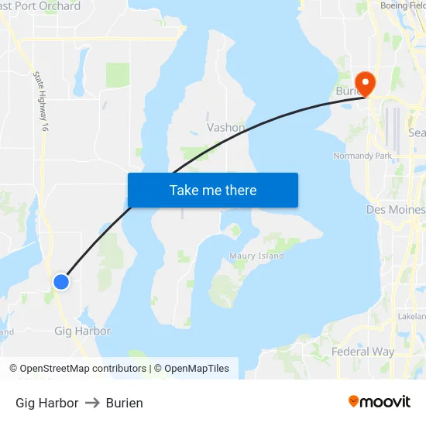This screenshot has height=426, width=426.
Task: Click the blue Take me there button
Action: tap(213, 190)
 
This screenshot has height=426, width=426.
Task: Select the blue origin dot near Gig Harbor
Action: tap(60, 281)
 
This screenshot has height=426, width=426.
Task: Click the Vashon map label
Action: tap(226, 128)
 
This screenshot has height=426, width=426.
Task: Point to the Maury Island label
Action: tap(256, 256)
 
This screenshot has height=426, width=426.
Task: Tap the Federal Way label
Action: tap(362, 352)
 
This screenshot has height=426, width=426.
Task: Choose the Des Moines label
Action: tap(395, 210)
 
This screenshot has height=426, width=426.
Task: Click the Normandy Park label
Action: tap(363, 156)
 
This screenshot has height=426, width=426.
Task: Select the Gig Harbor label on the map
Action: tap(82, 331)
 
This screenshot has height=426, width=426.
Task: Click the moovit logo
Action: tap(379, 401)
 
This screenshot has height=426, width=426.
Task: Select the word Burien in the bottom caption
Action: tap(125, 403)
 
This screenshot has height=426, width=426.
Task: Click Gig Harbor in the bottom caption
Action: tap(46, 403)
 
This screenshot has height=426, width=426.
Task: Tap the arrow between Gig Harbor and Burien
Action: tap(92, 403)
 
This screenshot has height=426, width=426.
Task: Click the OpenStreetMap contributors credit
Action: tap(83, 369)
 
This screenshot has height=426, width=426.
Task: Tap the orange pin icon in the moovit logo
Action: tap(354, 401)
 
